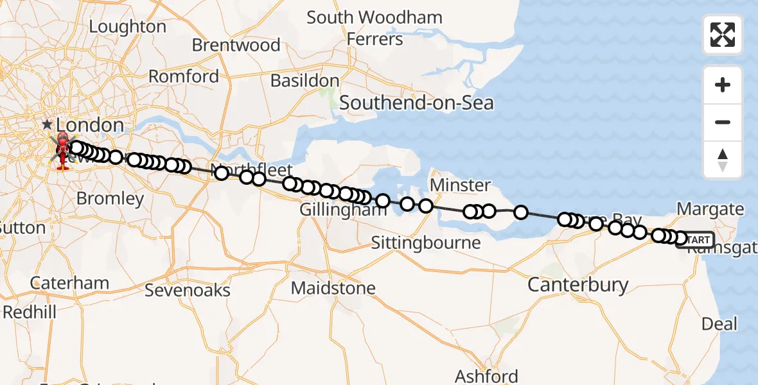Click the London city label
pos(90,124)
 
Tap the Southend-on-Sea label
pos(416,102)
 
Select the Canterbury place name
pos(577,284)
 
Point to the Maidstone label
pos(333,288)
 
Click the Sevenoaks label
pos(187,290)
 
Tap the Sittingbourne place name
pos(426,243)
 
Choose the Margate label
pos(710,209)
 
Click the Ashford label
pos(486,376)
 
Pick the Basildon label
pos(304,81)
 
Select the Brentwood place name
pos(236,46)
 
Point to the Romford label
pos(184,76)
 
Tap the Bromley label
pos(110,198)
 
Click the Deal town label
pos(719,324)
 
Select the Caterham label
pos(70,283)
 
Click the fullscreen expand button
pos(723,35)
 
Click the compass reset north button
pos(723,160)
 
